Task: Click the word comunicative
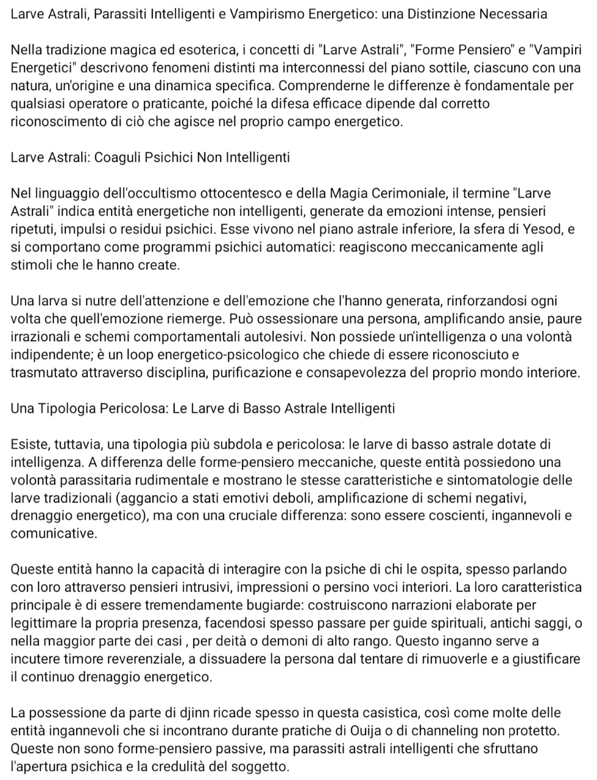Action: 54,534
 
